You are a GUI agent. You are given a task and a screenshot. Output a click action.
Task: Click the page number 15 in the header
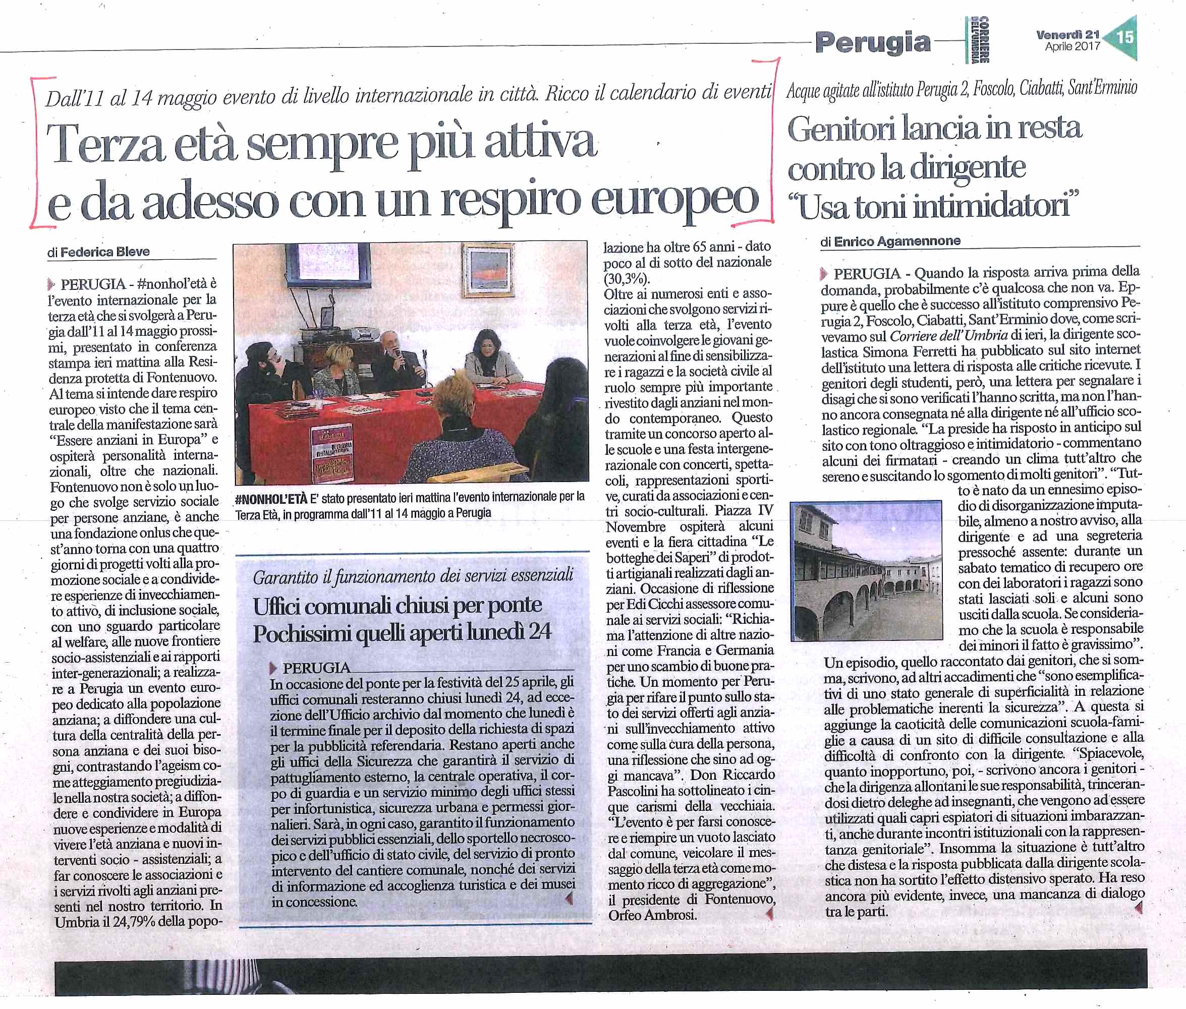pos(1123,38)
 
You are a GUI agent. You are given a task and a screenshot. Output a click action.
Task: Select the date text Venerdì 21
pos(1067,35)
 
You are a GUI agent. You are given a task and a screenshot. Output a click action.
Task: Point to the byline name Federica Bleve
pos(105,252)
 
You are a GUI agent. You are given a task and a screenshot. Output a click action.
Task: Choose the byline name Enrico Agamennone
pos(897,242)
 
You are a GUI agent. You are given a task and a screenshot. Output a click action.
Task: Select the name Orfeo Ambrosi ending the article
pos(652,915)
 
